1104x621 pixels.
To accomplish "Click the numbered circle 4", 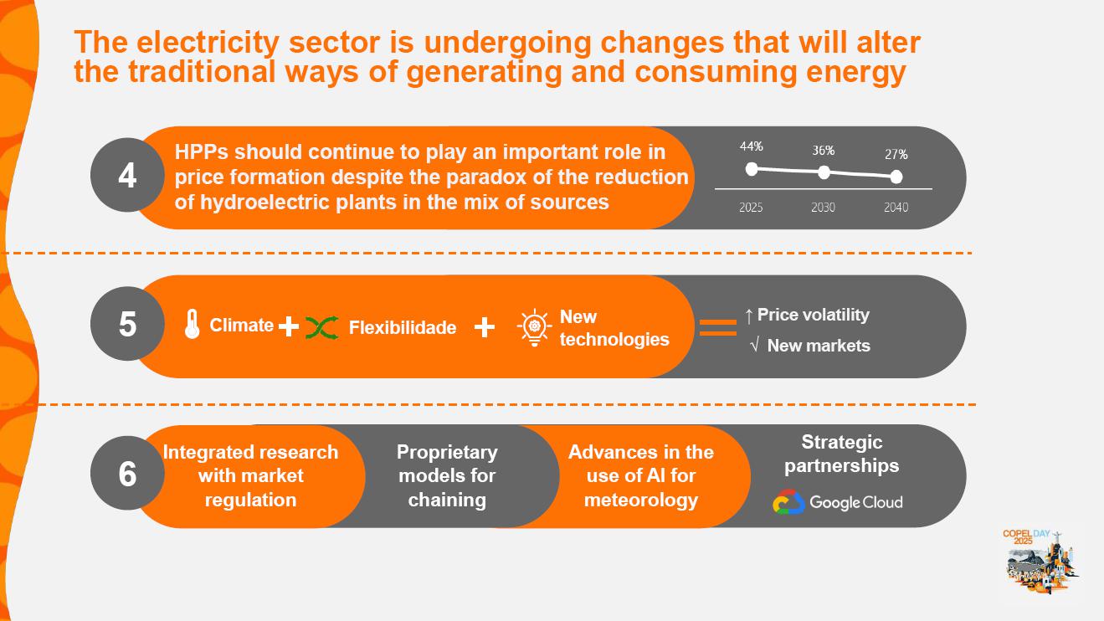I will click(126, 177).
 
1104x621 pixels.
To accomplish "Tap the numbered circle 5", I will click(126, 324).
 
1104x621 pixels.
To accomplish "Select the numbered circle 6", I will click(126, 474).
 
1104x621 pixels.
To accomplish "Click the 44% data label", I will click(751, 146).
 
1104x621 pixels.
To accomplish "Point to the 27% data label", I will click(896, 155).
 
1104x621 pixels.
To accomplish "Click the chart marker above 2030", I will click(824, 172).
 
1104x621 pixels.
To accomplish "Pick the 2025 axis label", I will click(751, 208).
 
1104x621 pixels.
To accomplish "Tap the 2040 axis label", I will click(896, 208).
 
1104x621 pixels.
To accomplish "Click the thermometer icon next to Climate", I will click(193, 325).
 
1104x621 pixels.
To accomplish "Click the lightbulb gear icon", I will click(534, 328).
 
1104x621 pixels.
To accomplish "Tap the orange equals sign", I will click(717, 327).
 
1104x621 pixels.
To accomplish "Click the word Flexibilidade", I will click(403, 327).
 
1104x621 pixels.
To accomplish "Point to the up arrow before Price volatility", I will click(748, 316).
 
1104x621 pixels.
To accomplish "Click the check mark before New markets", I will click(754, 346).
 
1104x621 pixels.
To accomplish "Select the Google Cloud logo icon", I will click(788, 503).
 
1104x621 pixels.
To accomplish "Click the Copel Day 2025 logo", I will click(1040, 561).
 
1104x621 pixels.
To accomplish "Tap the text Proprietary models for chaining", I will click(447, 475).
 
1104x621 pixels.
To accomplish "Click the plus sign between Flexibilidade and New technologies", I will click(484, 327).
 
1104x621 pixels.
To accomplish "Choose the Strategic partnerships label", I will click(841, 454).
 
